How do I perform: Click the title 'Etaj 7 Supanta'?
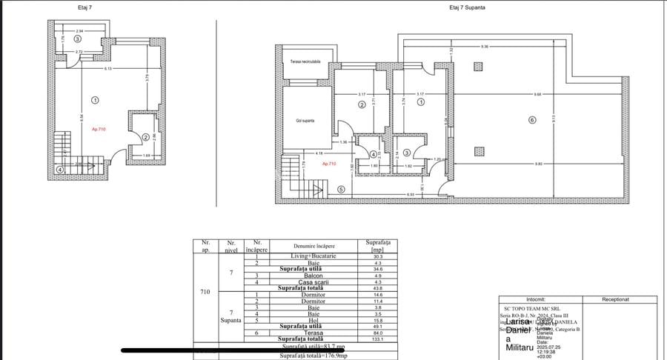468,7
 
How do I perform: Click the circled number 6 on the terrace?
531,120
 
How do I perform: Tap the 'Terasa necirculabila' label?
305,62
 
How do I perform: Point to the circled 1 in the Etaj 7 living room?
95,99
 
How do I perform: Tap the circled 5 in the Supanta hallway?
341,189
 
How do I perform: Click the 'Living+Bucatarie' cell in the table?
313,256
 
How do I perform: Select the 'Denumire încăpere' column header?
313,245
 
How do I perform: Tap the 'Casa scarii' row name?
313,281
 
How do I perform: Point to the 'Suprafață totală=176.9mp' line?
314,354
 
